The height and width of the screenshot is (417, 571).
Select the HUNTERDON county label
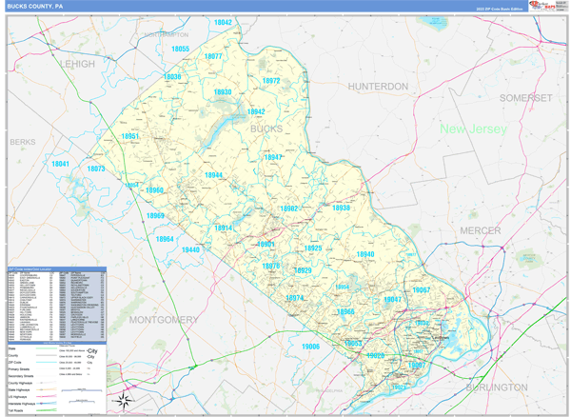click(x=378, y=87)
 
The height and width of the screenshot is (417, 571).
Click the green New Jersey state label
click(x=473, y=129)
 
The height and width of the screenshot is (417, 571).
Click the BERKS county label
click(x=21, y=141)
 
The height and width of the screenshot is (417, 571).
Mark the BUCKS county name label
click(x=266, y=128)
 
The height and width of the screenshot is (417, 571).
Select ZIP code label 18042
click(x=223, y=21)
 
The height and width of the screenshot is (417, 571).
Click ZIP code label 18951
click(x=131, y=137)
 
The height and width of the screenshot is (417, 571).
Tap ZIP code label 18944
click(x=213, y=175)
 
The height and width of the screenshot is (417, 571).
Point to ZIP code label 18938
click(x=341, y=208)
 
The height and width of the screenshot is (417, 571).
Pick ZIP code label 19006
click(x=311, y=347)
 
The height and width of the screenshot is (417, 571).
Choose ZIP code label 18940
click(x=365, y=254)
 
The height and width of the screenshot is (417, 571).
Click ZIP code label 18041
click(x=61, y=164)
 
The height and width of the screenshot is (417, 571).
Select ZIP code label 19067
click(x=422, y=289)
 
